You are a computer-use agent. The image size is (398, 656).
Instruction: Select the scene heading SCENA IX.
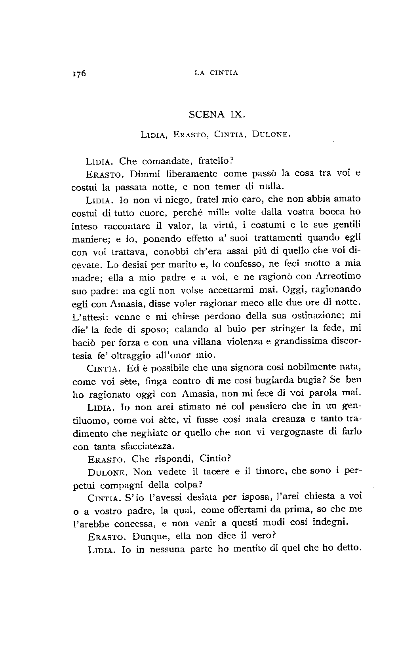coord(217,115)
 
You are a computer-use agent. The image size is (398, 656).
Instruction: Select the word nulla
coord(271,186)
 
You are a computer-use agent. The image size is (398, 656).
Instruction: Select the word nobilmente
coord(307,368)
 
